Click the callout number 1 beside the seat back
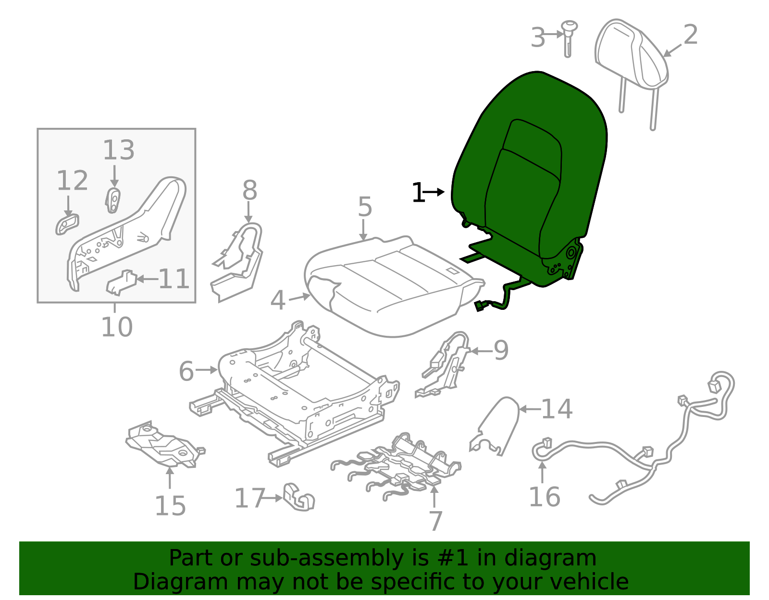[418, 193]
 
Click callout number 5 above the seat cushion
[365, 207]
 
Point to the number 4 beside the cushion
[278, 301]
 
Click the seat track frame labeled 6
[298, 389]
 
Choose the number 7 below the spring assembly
[435, 521]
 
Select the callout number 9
[501, 351]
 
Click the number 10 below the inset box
[117, 327]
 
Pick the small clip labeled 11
[120, 283]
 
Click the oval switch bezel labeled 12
[67, 224]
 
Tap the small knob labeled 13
[113, 200]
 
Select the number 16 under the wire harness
[545, 497]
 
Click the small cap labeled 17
[298, 498]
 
